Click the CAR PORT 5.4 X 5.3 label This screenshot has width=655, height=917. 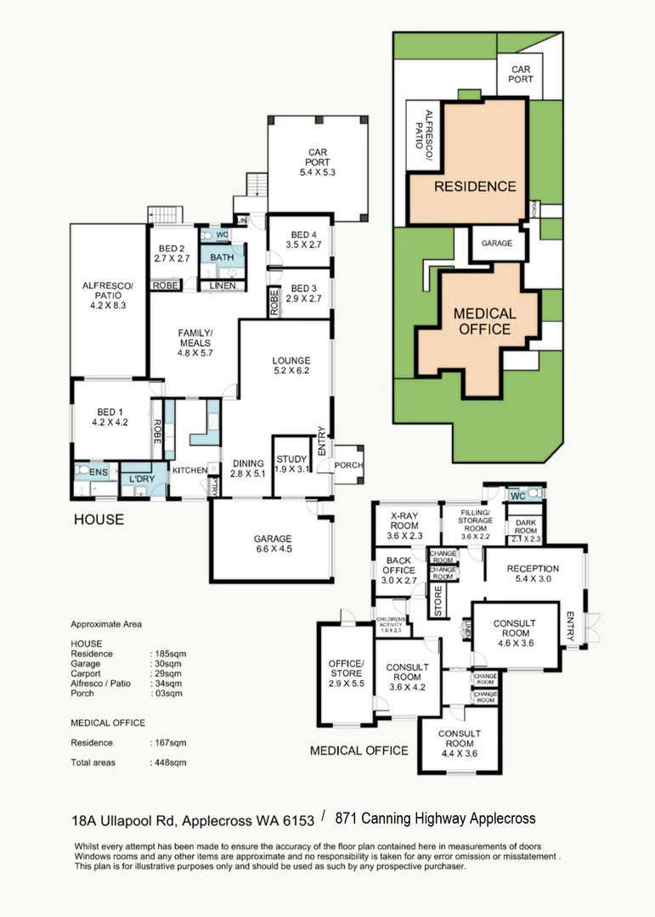pos(319,162)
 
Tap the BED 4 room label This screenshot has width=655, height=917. pos(303,239)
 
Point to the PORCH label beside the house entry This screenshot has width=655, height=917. pos(349,465)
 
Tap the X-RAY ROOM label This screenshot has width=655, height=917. pos(404,526)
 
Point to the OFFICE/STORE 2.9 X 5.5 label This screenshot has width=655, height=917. pos(346,671)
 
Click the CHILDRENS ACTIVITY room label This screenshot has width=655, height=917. pos(392,624)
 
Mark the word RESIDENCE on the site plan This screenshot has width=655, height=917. pos(475,186)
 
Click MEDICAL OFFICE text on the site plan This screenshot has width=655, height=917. pos(484,321)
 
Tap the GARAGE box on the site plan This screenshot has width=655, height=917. pos(497,243)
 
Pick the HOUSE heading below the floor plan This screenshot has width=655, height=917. pos(98,519)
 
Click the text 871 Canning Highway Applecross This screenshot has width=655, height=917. pos(435,819)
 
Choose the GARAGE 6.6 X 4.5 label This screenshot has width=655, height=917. pos(272,544)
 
